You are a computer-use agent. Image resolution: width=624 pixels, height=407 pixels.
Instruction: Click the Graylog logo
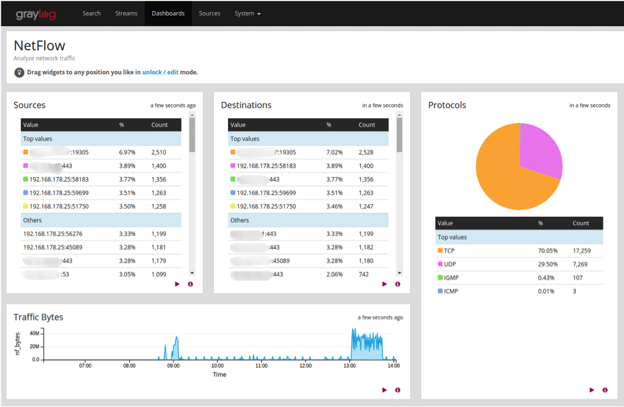[x=36, y=13]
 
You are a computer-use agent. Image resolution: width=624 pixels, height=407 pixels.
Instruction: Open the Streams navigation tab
[x=125, y=13]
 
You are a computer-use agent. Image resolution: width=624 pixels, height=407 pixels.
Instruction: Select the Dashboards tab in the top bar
[x=168, y=13]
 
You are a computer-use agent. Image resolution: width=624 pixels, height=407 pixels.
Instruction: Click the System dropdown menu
[x=247, y=13]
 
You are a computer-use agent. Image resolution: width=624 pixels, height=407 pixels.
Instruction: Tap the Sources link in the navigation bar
[x=209, y=13]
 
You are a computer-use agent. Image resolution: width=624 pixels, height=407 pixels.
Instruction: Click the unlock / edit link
[x=160, y=72]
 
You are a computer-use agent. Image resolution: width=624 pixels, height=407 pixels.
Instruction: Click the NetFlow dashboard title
[x=40, y=46]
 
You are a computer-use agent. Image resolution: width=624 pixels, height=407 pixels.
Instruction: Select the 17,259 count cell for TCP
[x=581, y=251]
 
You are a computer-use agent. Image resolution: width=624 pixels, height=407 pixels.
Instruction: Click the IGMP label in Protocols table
[x=451, y=278]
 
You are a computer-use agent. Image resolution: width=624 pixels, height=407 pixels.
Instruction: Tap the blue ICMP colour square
[x=440, y=291]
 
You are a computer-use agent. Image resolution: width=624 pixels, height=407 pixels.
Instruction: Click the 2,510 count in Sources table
[x=159, y=153]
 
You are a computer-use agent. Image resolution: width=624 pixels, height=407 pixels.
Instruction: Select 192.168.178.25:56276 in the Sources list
[x=52, y=234]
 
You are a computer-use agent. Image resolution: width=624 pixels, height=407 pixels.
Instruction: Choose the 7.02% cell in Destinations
[x=334, y=153]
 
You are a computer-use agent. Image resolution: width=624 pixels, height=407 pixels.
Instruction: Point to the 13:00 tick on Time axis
[x=349, y=366]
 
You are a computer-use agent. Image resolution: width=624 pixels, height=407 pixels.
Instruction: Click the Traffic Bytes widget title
[x=38, y=317]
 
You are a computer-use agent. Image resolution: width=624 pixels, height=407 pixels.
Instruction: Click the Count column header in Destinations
[x=367, y=125]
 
